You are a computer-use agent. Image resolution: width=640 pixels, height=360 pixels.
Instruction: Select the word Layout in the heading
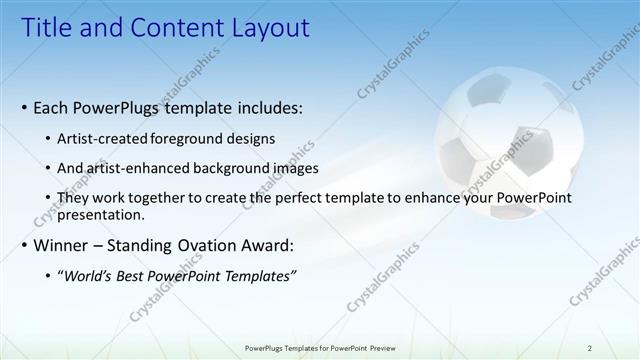click(264, 28)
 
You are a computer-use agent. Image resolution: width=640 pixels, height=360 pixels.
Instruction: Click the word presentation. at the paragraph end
click(101, 214)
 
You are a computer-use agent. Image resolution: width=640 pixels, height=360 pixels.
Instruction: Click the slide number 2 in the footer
click(590, 348)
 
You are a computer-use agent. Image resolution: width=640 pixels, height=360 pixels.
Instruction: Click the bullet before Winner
click(24, 245)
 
